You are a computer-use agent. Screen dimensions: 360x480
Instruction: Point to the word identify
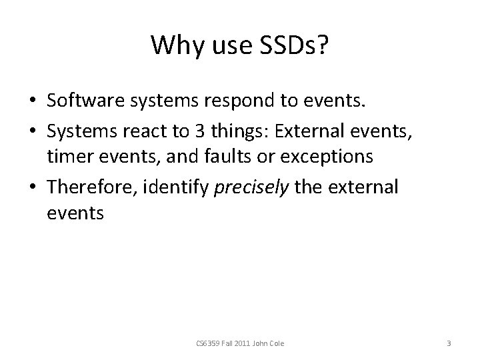pyautogui.click(x=179, y=187)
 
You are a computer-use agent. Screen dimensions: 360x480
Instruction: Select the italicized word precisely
pyautogui.click(x=251, y=187)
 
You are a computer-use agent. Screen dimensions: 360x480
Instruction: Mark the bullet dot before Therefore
pyautogui.click(x=32, y=188)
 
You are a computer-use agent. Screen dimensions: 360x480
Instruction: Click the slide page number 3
pyautogui.click(x=449, y=344)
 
